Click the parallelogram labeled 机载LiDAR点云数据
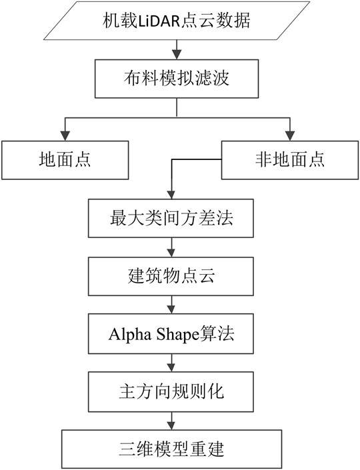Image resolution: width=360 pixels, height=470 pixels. coord(177,21)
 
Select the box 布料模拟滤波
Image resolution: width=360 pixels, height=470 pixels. coord(177,79)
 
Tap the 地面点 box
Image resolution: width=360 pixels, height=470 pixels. coord(65,160)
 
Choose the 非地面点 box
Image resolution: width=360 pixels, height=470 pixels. coord(290,160)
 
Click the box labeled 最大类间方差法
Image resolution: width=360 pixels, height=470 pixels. coord(171,218)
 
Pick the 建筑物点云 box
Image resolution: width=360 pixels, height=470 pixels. coord(171,276)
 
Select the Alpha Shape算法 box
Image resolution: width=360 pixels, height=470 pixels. coord(171,334)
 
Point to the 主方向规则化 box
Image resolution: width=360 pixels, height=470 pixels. coord(171,392)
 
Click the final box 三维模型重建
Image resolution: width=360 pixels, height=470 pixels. coord(172,449)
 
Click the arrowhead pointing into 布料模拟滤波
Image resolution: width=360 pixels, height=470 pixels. coord(177,55)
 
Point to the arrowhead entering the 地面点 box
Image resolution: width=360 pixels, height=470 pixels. coord(65,137)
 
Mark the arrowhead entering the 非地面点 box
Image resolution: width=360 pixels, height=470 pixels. coord(289,137)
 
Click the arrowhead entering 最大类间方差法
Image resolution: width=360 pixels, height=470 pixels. coord(171,195)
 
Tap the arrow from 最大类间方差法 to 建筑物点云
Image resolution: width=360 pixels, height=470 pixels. coord(171,247)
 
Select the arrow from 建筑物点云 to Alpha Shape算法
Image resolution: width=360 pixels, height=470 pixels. coord(171,305)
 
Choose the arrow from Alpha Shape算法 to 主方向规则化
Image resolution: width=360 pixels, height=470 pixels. coord(171,363)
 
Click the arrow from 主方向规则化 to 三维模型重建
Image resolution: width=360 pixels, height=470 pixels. coord(171,421)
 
